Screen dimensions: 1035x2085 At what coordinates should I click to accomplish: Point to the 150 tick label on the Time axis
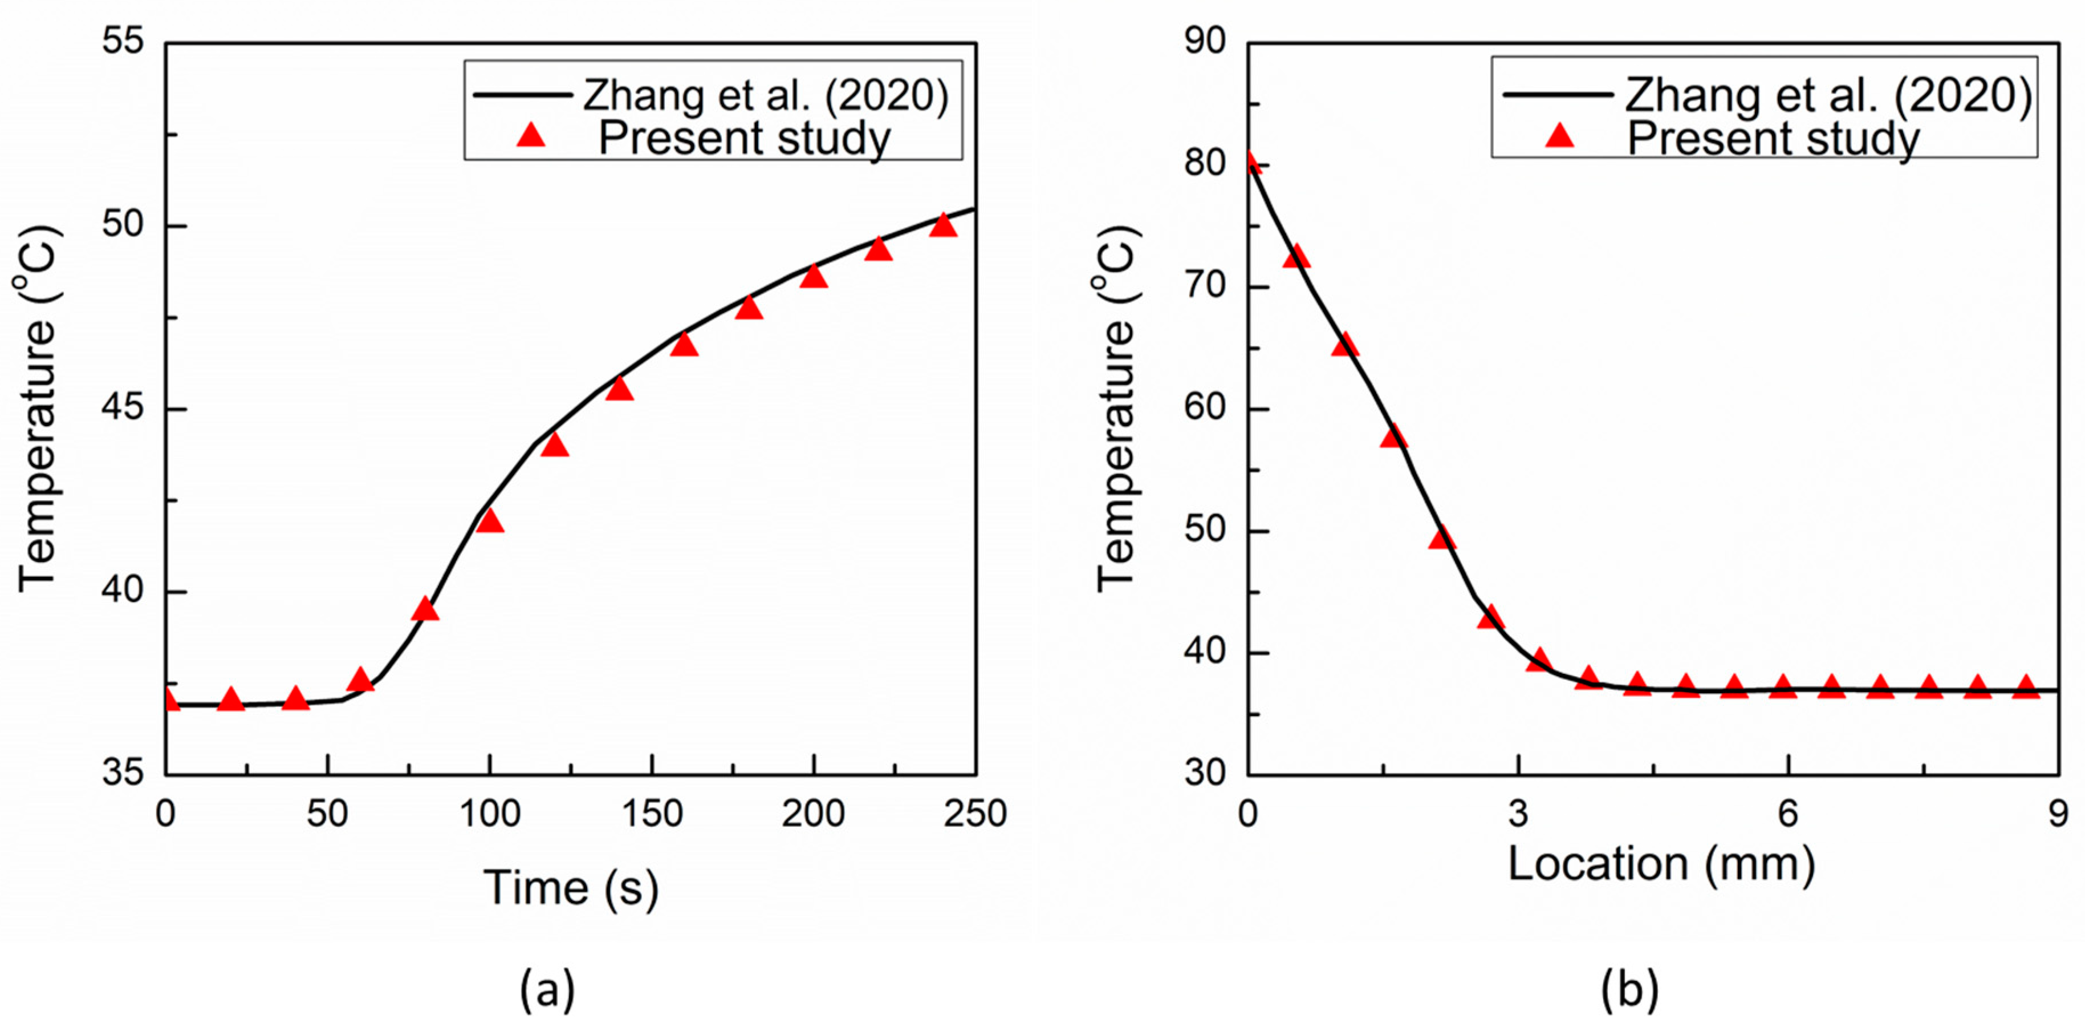[x=652, y=813]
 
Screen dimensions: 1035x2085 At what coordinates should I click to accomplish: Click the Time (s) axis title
[x=571, y=888]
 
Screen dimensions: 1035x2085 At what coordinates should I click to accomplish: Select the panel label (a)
[x=547, y=989]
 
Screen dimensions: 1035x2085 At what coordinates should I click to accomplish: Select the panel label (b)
[x=1629, y=989]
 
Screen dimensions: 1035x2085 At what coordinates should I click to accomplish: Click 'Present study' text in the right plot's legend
[x=1773, y=138]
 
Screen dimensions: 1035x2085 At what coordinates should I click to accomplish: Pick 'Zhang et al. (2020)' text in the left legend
[x=766, y=95]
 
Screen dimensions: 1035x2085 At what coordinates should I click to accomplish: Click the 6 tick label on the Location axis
[x=1788, y=813]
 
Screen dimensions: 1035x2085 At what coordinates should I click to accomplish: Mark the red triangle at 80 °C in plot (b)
[x=1250, y=163]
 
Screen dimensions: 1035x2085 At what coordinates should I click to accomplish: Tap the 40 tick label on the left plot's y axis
[x=123, y=591]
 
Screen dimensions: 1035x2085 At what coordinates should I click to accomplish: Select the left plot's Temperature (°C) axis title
[x=36, y=409]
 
